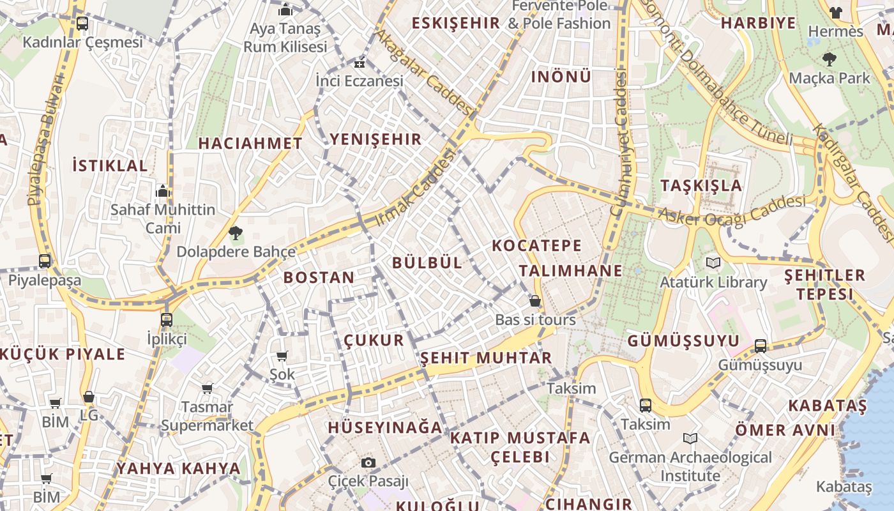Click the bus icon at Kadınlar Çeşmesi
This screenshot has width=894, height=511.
point(82,24)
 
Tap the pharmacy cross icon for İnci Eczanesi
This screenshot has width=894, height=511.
point(360,64)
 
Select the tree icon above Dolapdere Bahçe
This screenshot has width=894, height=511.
point(236,233)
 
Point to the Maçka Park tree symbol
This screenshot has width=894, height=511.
point(830,59)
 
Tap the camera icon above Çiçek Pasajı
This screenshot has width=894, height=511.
point(368,462)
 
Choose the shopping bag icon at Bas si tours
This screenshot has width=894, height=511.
point(535,300)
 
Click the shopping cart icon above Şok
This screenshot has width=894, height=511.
point(282,356)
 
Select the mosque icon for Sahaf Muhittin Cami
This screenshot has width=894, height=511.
point(162,191)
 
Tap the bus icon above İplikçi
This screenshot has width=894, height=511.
point(167,319)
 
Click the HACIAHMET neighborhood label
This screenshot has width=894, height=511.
point(250,143)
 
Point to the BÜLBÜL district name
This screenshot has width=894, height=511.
point(427,263)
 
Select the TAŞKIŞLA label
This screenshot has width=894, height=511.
point(701,186)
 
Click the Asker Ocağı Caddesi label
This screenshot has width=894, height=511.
point(732,211)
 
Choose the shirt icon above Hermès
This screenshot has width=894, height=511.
point(836,12)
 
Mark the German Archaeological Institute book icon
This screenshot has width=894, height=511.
point(690,439)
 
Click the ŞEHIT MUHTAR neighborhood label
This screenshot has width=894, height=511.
point(486,358)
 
